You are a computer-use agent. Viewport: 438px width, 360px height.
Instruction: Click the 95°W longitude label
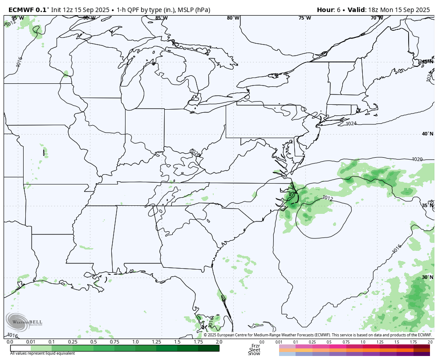point(17,18)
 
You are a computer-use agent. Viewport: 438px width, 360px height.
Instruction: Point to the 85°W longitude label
point(162,18)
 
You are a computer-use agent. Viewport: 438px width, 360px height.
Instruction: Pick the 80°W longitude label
point(233,18)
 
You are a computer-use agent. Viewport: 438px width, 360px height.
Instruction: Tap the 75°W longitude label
point(305,18)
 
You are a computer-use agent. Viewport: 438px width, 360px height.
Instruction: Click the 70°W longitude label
point(377,18)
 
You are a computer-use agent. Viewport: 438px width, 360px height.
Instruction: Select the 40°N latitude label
point(428,134)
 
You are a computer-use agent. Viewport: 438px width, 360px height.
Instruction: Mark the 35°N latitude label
point(428,206)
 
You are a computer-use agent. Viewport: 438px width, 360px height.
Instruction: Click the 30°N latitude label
point(428,278)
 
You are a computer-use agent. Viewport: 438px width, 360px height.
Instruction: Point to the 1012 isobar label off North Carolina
point(328,198)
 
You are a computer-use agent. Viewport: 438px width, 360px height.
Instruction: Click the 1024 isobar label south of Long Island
point(351,124)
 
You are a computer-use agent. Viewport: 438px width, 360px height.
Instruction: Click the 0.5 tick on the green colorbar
point(93,342)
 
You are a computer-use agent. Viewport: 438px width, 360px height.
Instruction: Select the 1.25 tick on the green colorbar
point(156,342)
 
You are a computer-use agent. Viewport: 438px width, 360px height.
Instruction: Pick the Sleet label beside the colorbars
point(255,350)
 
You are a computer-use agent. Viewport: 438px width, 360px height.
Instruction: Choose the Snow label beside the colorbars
point(255,354)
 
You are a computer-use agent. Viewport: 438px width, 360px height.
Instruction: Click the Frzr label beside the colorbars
point(255,346)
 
